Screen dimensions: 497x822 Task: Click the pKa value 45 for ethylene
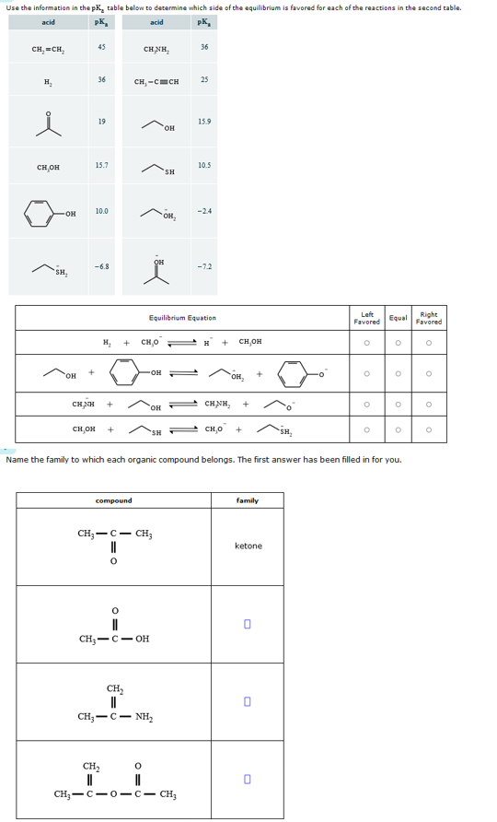pyautogui.click(x=101, y=48)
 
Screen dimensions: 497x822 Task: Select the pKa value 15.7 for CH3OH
pyautogui.click(x=101, y=163)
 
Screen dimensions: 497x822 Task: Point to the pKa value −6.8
pyautogui.click(x=101, y=266)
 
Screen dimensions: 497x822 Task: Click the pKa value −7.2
pyautogui.click(x=203, y=266)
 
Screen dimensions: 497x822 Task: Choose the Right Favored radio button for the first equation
pyautogui.click(x=429, y=342)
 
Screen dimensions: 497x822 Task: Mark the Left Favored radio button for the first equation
pyautogui.click(x=366, y=342)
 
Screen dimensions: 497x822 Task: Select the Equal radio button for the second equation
pyautogui.click(x=398, y=374)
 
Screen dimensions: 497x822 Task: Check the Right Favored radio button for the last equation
pyautogui.click(x=429, y=429)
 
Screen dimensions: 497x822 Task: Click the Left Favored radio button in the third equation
pyautogui.click(x=366, y=403)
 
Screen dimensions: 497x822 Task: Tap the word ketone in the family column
pyautogui.click(x=248, y=546)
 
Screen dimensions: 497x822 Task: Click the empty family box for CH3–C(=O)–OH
pyautogui.click(x=248, y=624)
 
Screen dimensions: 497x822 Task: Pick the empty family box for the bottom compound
pyautogui.click(x=248, y=780)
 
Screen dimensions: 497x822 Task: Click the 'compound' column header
pyautogui.click(x=114, y=500)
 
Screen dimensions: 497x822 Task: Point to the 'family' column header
pyautogui.click(x=248, y=500)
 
